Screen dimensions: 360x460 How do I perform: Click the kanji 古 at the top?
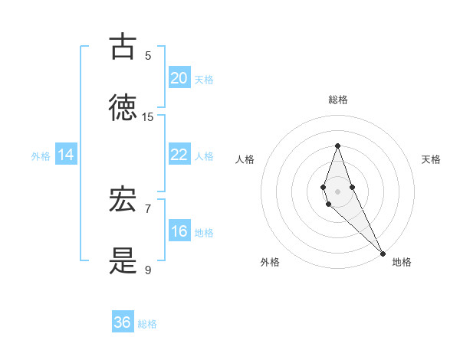coord(123,47)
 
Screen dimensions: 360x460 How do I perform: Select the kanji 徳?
coord(123,108)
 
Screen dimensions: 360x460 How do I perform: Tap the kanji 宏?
coord(123,200)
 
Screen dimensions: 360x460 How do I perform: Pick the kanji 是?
coord(123,261)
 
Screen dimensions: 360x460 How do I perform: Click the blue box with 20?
coord(179,78)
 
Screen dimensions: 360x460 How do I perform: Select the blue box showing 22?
coord(179,155)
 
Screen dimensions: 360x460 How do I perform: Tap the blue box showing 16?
coord(179,231)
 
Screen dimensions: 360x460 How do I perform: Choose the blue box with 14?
coord(65,155)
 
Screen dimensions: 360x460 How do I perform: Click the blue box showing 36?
coord(123,322)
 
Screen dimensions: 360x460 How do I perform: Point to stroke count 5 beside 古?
coord(148,56)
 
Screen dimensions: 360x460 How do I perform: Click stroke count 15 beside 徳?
coord(148,117)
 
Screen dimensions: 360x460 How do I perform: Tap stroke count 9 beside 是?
coord(148,270)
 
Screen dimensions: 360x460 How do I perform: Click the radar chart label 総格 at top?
coord(338,100)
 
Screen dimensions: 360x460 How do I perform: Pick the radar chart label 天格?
coord(432,159)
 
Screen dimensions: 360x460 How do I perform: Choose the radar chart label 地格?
coord(402,262)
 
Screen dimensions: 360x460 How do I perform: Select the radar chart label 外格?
coord(270,262)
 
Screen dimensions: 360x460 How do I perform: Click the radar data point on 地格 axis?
coord(383,253)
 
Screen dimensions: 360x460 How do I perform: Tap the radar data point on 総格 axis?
coord(338,146)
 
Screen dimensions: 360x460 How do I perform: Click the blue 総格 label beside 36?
coord(147,324)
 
